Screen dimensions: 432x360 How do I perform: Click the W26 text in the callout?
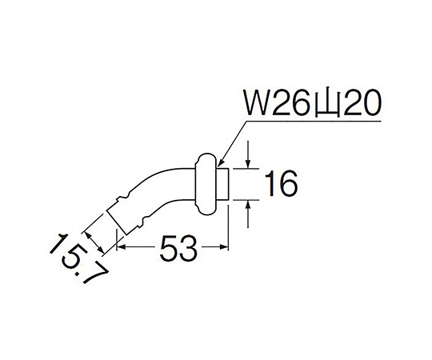(x=278, y=103)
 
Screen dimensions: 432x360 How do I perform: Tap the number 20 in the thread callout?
(x=362, y=103)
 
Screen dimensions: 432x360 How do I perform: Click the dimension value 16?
(x=281, y=184)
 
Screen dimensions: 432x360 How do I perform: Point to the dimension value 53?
(x=178, y=248)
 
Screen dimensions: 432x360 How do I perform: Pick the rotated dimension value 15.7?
(x=78, y=259)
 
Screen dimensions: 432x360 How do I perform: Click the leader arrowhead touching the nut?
(x=220, y=162)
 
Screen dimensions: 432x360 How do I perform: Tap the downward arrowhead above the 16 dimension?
(x=248, y=164)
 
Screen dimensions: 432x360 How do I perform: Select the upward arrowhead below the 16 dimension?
(x=248, y=206)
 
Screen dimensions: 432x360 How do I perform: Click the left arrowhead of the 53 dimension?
(x=122, y=246)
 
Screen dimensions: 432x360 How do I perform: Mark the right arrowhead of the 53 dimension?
(x=224, y=246)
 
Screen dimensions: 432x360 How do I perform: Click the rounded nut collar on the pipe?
(x=206, y=184)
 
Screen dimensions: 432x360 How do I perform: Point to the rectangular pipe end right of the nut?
(x=222, y=184)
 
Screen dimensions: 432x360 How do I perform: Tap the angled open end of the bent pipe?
(x=117, y=223)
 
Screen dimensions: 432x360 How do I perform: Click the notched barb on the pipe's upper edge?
(x=123, y=196)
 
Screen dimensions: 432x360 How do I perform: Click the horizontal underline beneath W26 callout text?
(x=314, y=121)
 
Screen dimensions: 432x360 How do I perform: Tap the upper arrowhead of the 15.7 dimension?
(x=88, y=235)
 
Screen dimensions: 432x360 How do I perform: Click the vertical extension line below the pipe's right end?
(x=228, y=227)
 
